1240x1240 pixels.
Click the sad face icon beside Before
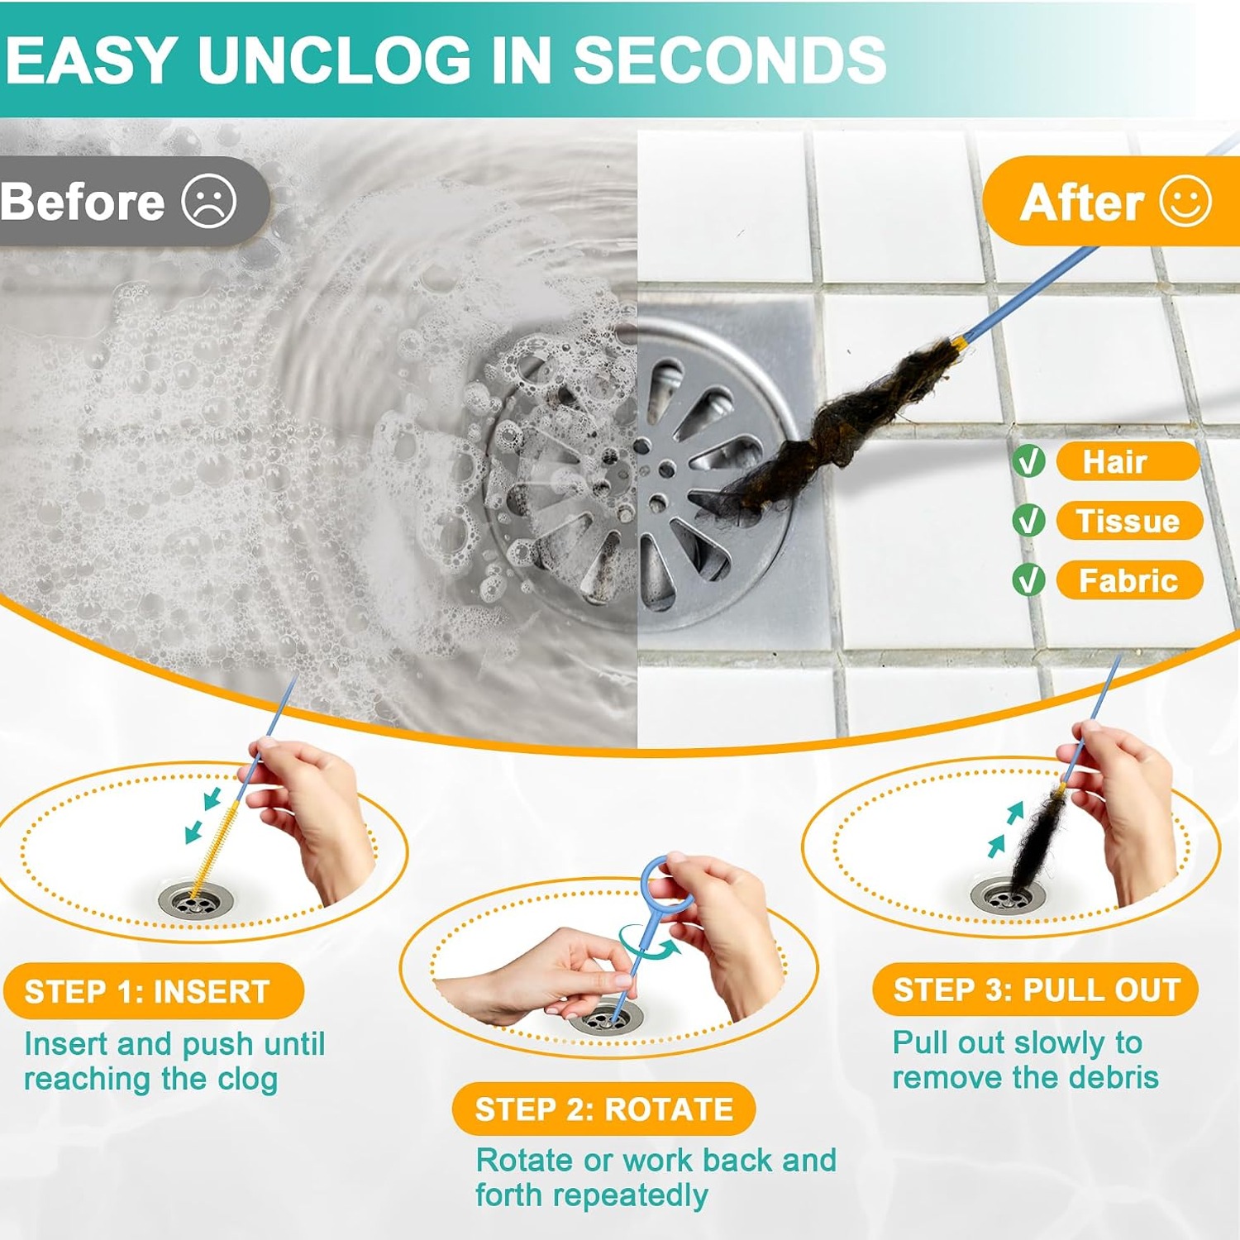click(209, 201)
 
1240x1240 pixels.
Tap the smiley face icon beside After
click(1185, 201)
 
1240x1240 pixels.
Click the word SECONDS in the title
click(730, 60)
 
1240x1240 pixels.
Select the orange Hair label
click(1128, 461)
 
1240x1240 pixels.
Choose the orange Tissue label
click(1129, 521)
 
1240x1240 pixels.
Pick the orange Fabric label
click(1129, 580)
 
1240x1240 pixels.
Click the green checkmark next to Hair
click(1028, 461)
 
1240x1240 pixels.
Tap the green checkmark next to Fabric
click(1028, 580)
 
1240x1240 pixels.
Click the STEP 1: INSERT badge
click(154, 990)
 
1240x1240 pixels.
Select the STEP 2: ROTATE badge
click(604, 1109)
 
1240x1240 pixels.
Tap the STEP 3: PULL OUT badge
click(1036, 990)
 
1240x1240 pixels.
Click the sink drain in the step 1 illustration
click(196, 900)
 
